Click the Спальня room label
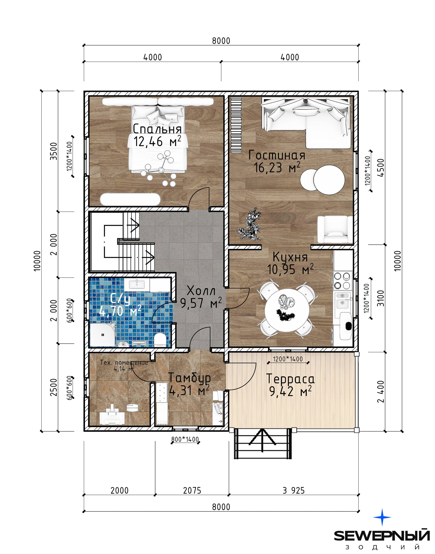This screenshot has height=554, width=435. (x=157, y=129)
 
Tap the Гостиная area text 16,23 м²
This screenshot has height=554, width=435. (x=277, y=167)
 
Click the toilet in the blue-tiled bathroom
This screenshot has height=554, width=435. (x=160, y=339)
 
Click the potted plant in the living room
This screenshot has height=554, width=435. (x=250, y=225)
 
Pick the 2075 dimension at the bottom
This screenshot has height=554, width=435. (x=192, y=490)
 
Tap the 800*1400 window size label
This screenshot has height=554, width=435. (x=185, y=439)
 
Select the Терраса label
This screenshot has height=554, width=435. (x=290, y=379)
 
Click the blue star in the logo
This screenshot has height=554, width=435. (x=382, y=517)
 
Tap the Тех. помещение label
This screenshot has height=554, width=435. (x=124, y=362)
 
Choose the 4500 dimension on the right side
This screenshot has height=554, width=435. (x=382, y=168)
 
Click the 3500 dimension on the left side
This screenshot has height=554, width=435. (x=54, y=151)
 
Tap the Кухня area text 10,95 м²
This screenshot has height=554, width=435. (x=290, y=269)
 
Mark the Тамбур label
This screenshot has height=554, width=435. (x=190, y=378)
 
